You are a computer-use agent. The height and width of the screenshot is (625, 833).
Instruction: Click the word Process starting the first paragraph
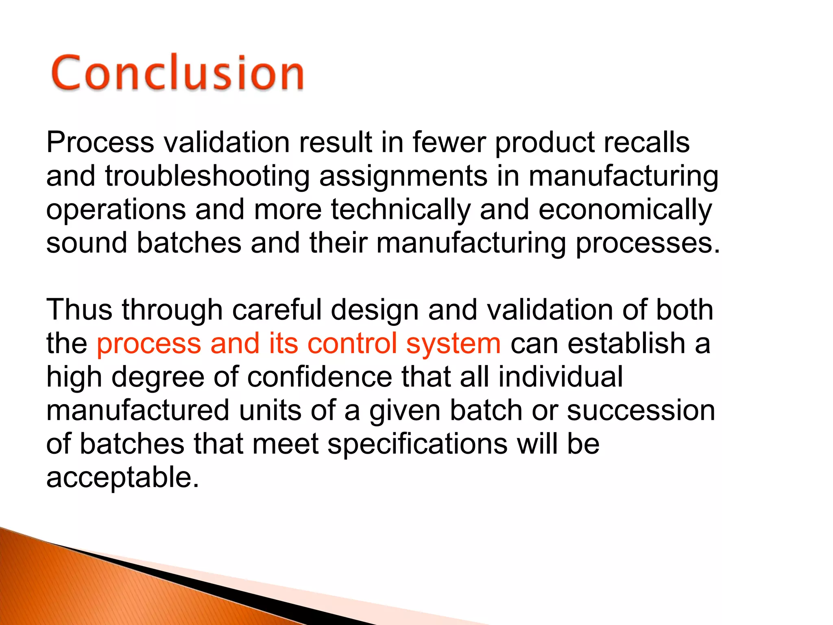click(100, 142)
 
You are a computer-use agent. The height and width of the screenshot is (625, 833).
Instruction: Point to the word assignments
click(403, 177)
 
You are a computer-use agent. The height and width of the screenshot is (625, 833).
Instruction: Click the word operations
click(116, 210)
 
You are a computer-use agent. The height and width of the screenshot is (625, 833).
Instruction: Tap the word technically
click(401, 210)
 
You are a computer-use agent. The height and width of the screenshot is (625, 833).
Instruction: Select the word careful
click(277, 310)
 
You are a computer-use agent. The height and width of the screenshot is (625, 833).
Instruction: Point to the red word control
click(352, 343)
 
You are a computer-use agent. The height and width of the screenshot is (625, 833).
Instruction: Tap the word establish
click(626, 343)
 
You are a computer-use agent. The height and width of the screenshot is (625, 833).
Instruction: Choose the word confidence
click(319, 377)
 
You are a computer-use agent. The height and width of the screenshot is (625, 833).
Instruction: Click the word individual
click(560, 377)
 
